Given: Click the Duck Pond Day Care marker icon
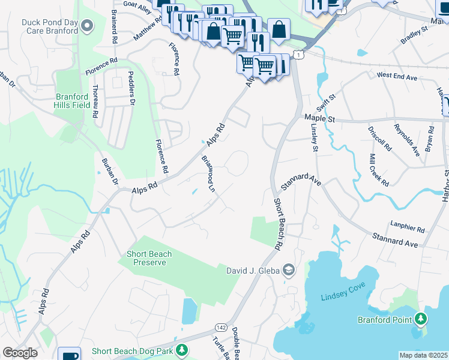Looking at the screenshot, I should (x=88, y=26).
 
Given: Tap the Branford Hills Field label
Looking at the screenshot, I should (x=76, y=101).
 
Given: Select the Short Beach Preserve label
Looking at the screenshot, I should (x=149, y=258).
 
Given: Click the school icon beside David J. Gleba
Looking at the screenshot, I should (x=289, y=270).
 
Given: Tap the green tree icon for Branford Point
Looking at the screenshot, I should (x=421, y=318).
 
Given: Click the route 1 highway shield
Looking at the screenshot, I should (x=298, y=55).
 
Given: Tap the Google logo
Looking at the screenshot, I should (x=20, y=353).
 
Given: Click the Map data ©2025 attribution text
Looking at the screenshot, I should (x=423, y=355).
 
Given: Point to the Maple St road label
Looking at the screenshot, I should (x=319, y=119).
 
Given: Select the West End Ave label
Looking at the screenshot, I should (x=397, y=76).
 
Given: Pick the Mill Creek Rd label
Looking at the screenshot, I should (x=379, y=169).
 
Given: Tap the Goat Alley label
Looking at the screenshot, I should (x=137, y=7).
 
